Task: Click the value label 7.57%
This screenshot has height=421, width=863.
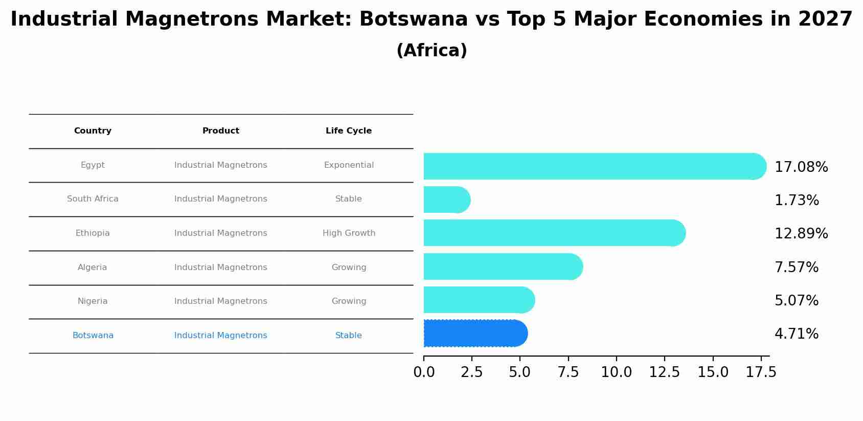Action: tap(796, 268)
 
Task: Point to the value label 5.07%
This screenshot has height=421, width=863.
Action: tap(796, 301)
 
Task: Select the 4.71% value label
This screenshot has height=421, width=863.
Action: tap(796, 334)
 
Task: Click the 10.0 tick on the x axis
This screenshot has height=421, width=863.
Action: tap(616, 372)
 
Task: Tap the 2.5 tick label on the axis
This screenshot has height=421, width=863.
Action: tap(471, 372)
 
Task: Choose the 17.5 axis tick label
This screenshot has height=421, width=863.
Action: tap(761, 372)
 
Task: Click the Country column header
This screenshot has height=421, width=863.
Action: tap(93, 131)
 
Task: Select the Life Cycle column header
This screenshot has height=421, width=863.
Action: tap(349, 131)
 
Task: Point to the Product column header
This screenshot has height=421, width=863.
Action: tap(220, 131)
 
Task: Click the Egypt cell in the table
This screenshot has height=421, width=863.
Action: tap(93, 165)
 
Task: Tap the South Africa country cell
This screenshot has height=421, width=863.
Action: tap(93, 199)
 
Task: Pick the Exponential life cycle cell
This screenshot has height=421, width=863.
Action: tap(349, 165)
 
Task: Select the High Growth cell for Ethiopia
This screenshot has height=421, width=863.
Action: tap(349, 233)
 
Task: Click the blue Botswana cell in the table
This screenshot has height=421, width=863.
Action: tap(93, 336)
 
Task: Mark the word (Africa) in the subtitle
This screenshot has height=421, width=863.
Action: tap(432, 51)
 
